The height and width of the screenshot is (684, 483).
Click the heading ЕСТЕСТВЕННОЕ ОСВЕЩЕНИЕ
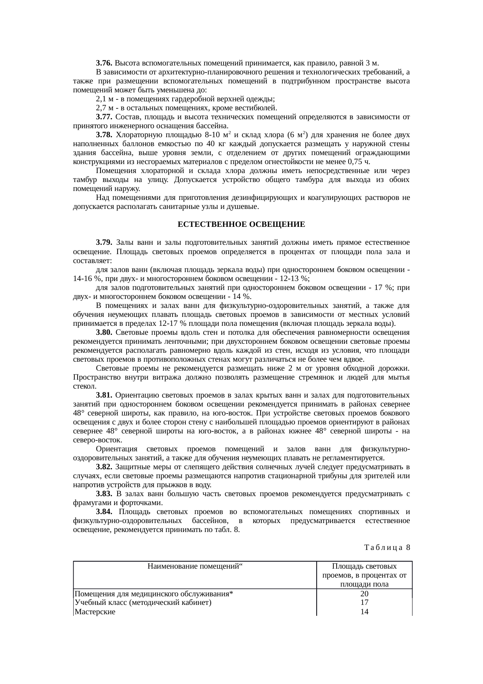[x=241, y=225]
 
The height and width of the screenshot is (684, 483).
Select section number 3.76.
[x=104, y=63]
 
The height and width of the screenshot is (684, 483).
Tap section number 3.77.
[x=104, y=117]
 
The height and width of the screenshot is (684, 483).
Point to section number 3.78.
[x=104, y=135]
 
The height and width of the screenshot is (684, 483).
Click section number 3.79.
[x=104, y=243]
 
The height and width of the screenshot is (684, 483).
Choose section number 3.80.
[x=104, y=332]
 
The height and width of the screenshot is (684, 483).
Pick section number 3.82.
[x=104, y=467]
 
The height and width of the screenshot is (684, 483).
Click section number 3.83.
[x=104, y=494]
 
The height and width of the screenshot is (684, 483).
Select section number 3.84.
[x=104, y=512]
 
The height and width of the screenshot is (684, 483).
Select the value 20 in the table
[x=365, y=594]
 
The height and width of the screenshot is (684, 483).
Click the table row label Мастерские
[x=95, y=612]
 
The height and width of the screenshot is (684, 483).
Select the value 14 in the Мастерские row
[x=365, y=612]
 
